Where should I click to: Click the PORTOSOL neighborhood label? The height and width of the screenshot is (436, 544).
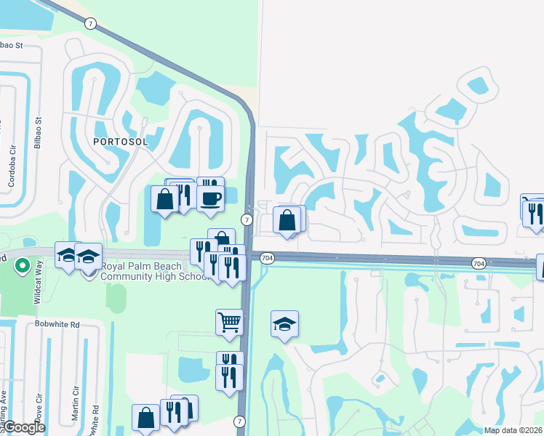[120, 142]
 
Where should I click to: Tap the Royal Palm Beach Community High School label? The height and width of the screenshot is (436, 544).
[155, 271]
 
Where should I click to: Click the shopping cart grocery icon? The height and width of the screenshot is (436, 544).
[229, 320]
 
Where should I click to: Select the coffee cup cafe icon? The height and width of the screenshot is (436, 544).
[210, 198]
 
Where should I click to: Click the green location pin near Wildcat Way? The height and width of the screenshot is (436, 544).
[23, 266]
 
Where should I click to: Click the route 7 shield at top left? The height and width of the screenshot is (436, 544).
[89, 24]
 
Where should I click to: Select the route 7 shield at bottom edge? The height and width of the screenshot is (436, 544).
[240, 421]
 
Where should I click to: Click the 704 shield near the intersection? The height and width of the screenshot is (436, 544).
[267, 258]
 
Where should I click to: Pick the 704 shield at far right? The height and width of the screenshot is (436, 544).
[479, 262]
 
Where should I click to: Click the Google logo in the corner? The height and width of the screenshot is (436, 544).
[23, 427]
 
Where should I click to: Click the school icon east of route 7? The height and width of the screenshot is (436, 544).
[284, 324]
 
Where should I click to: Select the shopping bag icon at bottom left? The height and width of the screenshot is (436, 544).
[145, 417]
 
